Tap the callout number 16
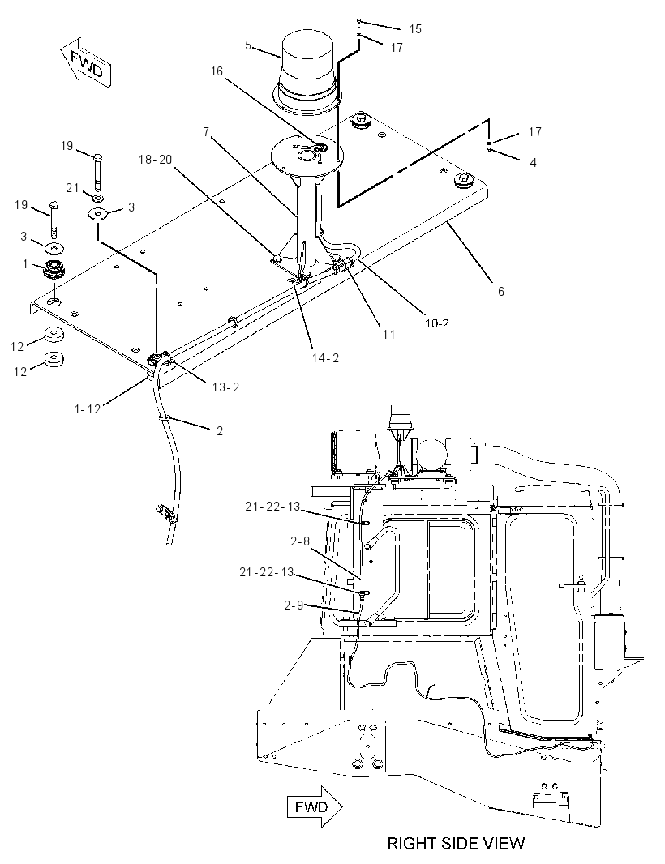pyautogui.click(x=217, y=71)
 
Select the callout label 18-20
pyautogui.click(x=156, y=159)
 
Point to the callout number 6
pyautogui.click(x=500, y=291)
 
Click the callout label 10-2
pyautogui.click(x=437, y=323)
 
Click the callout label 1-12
pyautogui.click(x=88, y=408)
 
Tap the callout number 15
pyautogui.click(x=415, y=28)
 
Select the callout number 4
pyautogui.click(x=533, y=163)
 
